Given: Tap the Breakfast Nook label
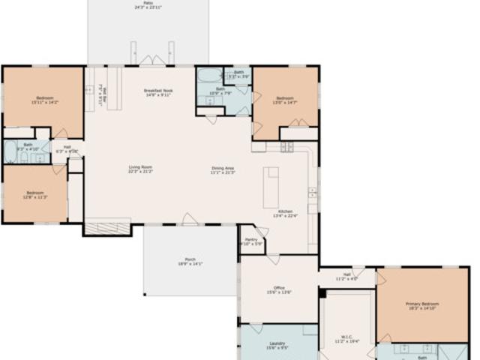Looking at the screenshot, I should [x=157, y=93].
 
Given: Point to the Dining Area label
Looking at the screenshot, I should [x=223, y=169].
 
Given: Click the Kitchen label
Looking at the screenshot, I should [x=288, y=214].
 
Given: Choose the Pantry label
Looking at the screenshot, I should [x=250, y=241].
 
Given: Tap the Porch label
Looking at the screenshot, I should [x=190, y=262].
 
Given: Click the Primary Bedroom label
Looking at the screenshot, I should [x=422, y=305].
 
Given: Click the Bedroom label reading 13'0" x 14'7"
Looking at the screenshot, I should [x=285, y=100].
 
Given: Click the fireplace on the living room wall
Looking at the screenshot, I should [x=106, y=226].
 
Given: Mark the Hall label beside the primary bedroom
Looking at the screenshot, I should [x=347, y=276].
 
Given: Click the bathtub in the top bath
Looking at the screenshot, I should [x=208, y=75].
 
